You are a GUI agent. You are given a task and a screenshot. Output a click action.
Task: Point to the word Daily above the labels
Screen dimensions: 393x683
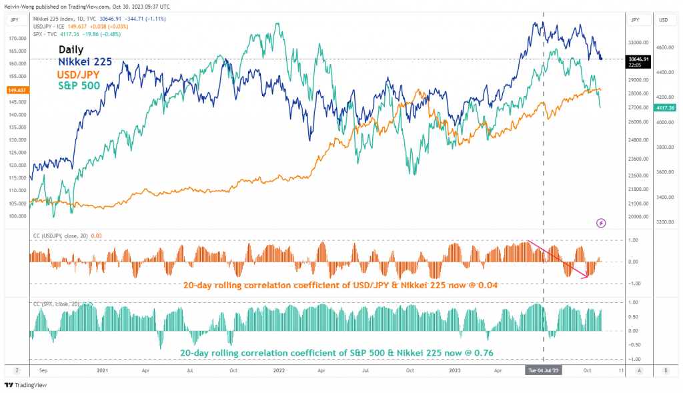coord(71,49)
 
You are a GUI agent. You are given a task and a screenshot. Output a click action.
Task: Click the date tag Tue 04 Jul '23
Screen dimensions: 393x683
coord(544,370)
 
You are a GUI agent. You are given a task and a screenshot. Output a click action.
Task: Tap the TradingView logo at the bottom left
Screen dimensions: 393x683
coord(23,385)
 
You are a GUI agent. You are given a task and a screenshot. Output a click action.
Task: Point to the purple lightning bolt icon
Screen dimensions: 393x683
coord(600,222)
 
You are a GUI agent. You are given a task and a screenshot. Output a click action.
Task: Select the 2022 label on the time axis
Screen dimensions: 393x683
coord(277,370)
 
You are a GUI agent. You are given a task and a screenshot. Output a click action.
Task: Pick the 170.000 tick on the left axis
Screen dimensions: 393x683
coord(17,38)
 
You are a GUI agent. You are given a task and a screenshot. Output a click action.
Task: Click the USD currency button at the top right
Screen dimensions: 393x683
coord(664,20)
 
